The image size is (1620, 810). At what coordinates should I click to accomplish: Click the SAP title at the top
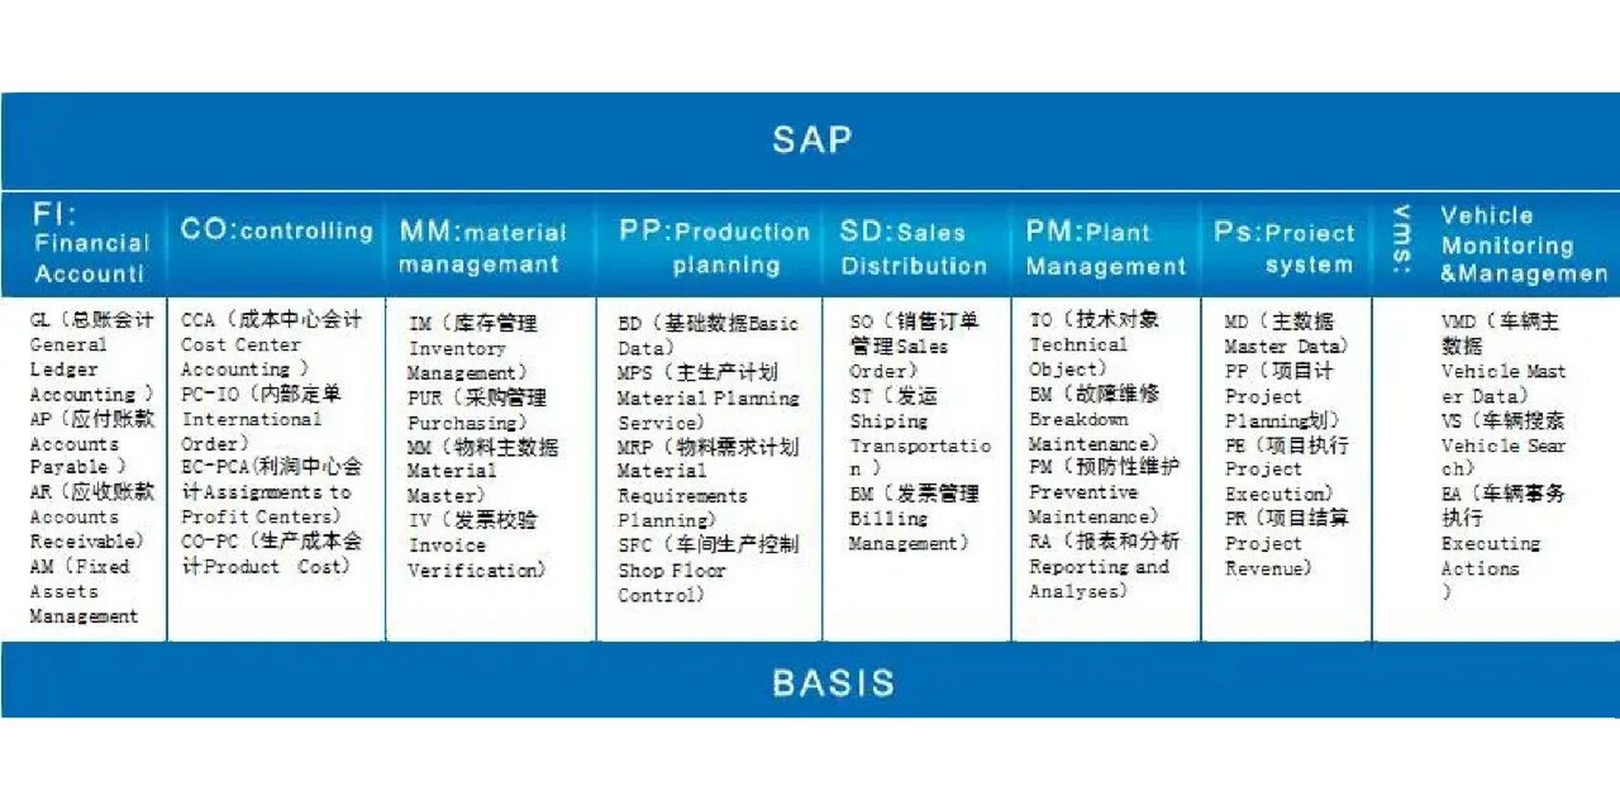812,140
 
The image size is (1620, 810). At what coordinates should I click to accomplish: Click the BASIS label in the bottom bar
833,683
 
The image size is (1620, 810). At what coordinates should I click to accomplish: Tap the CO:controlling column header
277,230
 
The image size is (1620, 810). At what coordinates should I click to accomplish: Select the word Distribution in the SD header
914,266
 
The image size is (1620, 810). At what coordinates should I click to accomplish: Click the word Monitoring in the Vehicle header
1507,246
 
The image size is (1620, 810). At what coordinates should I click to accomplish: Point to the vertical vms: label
1402,239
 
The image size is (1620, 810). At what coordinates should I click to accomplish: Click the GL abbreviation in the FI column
39,320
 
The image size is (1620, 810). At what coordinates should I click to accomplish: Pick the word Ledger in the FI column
64,370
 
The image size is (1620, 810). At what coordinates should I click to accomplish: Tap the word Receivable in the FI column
85,542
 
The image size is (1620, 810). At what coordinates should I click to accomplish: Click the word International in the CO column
251,419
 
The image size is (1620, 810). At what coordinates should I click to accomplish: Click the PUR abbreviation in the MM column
425,398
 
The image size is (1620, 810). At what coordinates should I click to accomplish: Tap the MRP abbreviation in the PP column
635,447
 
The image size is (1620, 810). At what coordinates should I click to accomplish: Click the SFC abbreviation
635,545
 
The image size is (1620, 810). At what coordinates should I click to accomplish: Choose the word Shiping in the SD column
888,421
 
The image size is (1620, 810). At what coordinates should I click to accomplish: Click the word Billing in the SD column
888,519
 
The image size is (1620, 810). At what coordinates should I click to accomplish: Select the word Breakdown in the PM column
1078,419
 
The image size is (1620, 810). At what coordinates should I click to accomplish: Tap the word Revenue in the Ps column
1267,568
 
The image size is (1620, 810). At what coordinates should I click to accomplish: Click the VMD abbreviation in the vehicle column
1459,321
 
